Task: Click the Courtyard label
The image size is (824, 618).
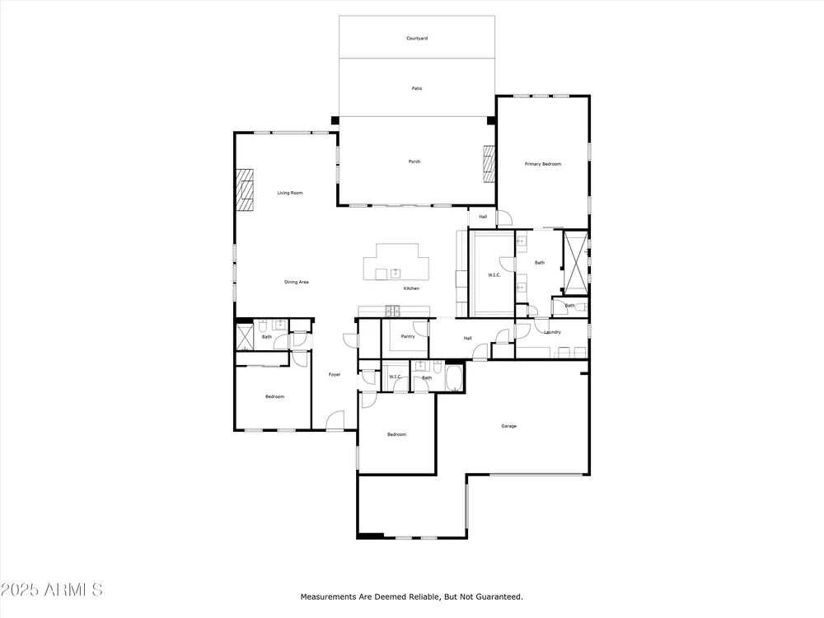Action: pos(417,39)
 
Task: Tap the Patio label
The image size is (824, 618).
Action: pos(417,88)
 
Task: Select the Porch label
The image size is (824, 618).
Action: pos(414,162)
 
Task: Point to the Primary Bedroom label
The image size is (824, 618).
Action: pos(542,164)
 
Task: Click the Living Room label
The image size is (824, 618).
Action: pos(290,193)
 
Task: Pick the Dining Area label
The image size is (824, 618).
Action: pos(297,282)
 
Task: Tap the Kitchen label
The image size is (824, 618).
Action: pos(411,288)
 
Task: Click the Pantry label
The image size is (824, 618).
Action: pos(408,336)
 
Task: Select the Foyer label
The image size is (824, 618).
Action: pos(335,375)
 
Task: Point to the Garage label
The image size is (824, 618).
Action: pos(508,426)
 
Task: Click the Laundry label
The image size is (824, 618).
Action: pos(552,332)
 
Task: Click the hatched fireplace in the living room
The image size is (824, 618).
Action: pos(245,190)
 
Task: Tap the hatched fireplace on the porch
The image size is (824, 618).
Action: pos(489,164)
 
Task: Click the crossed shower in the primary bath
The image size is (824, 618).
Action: pos(575,262)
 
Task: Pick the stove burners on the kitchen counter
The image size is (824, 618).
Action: pos(392,311)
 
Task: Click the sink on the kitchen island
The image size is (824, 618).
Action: pos(396,274)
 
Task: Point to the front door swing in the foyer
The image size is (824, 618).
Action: pos(335,420)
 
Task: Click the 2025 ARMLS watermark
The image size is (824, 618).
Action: pos(51,590)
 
